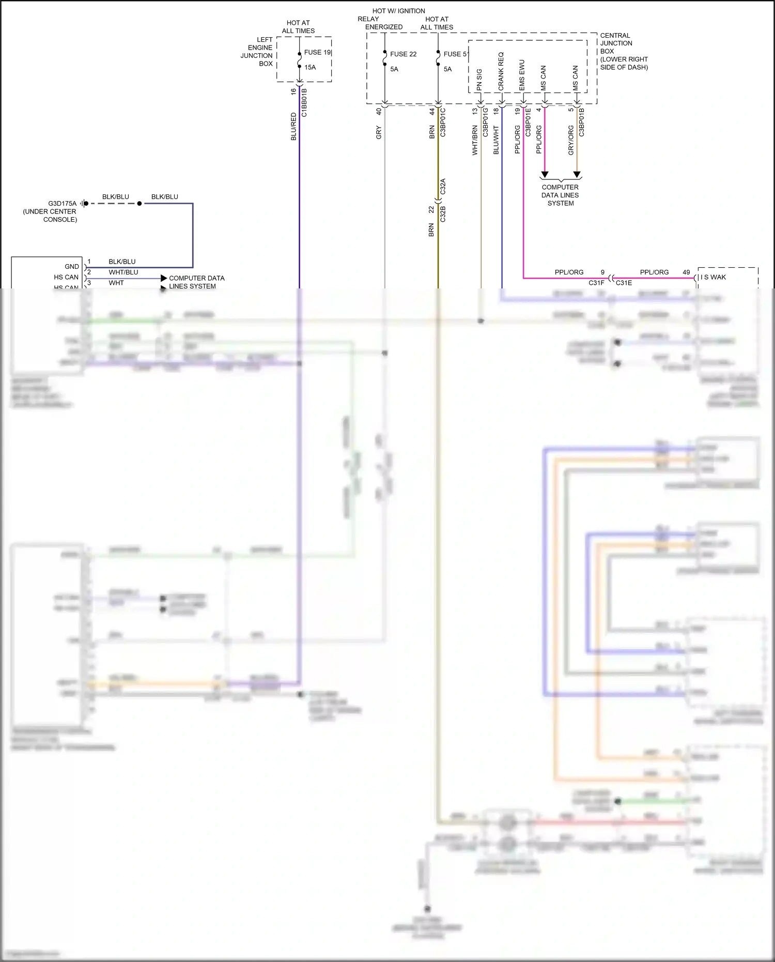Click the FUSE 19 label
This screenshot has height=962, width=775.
(x=317, y=52)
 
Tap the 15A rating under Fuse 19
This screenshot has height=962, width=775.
(x=310, y=67)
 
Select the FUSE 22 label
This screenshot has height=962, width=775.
(x=403, y=54)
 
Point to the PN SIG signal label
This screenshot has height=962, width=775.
(x=479, y=80)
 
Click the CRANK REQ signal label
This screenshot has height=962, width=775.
(x=501, y=71)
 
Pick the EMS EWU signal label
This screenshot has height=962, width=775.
(x=522, y=75)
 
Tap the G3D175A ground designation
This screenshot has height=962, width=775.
(x=62, y=204)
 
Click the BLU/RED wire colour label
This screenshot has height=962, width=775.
(x=293, y=127)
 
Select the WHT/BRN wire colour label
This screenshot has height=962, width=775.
(x=475, y=140)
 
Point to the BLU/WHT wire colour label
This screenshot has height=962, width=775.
(x=496, y=140)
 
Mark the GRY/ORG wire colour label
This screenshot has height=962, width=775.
(x=571, y=140)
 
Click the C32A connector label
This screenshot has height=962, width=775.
(x=443, y=187)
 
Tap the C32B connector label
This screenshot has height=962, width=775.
(x=443, y=214)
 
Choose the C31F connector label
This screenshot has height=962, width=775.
(x=596, y=283)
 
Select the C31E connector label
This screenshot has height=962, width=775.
(x=624, y=283)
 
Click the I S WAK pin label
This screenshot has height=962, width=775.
(x=714, y=278)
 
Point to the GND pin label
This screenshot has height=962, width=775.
(x=72, y=267)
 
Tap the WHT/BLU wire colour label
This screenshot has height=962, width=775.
(x=123, y=272)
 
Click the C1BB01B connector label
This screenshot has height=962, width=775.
(x=304, y=102)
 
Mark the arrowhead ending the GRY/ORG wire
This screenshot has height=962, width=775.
(x=577, y=175)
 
